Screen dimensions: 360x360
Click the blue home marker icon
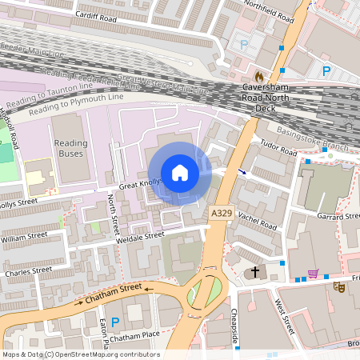click(180, 173)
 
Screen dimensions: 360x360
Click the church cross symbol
click(255, 272)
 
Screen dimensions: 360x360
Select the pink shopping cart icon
click(313, 274)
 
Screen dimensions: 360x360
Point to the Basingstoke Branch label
click(313, 138)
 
